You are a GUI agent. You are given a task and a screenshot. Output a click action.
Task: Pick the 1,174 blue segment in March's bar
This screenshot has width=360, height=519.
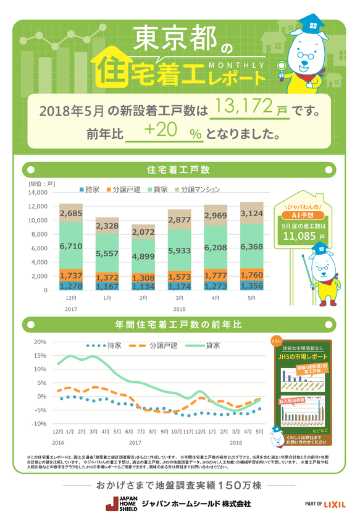pyautogui.click(x=179, y=286)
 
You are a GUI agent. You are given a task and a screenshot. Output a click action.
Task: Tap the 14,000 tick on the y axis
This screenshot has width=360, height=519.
pyautogui.click(x=38, y=193)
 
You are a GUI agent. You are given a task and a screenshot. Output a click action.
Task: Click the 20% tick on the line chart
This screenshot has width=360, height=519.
pyautogui.click(x=40, y=342)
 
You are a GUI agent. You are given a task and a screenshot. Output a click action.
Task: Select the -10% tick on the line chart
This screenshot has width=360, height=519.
pyautogui.click(x=39, y=424)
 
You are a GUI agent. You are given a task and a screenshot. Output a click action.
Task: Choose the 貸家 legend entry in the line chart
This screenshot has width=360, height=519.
pyautogui.click(x=208, y=345)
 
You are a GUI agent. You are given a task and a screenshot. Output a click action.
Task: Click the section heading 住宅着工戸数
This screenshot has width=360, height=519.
pyautogui.click(x=179, y=169)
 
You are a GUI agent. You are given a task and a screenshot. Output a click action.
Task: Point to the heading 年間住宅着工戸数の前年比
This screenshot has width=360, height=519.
pyautogui.click(x=179, y=324)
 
